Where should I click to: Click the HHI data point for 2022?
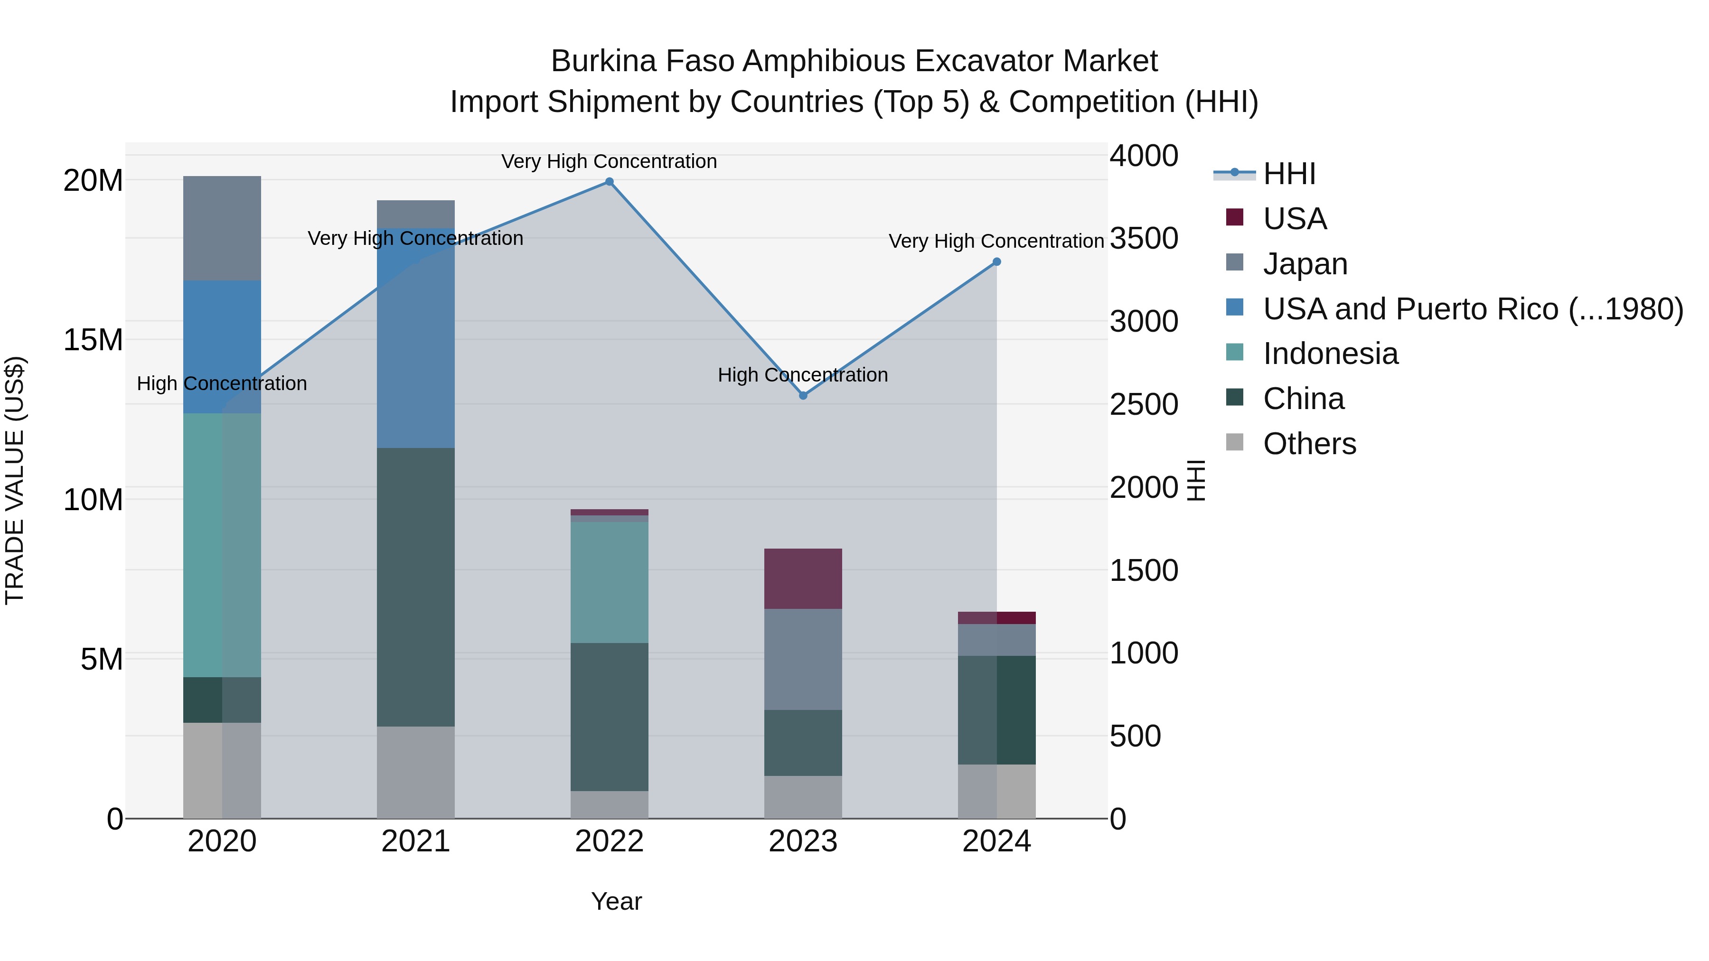pos(609,182)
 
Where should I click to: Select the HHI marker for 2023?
pos(803,395)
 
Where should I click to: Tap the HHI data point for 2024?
pos(996,262)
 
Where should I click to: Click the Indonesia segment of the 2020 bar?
pos(222,544)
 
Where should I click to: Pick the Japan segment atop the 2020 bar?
pos(222,228)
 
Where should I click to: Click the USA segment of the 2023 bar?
pos(803,578)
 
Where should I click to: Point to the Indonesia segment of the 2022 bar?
pos(609,582)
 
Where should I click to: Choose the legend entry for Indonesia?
pos(1330,354)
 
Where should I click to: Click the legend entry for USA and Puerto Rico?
pos(1472,309)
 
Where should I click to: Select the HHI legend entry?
pos(1288,174)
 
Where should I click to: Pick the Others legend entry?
pos(1309,444)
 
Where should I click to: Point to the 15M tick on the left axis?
pos(93,340)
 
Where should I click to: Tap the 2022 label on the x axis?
pos(609,841)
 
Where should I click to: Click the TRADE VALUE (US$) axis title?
pos(15,480)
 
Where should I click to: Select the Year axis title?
pos(616,901)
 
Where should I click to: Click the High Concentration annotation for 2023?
pos(803,375)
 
